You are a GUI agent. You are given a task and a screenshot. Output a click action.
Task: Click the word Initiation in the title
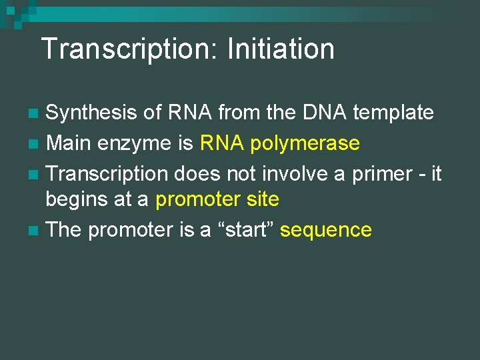tap(281, 49)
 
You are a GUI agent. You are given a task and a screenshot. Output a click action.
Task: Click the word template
tap(393, 113)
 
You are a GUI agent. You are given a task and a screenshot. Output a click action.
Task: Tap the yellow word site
tap(261, 199)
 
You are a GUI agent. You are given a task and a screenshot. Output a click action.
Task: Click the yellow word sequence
tap(326, 231)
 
